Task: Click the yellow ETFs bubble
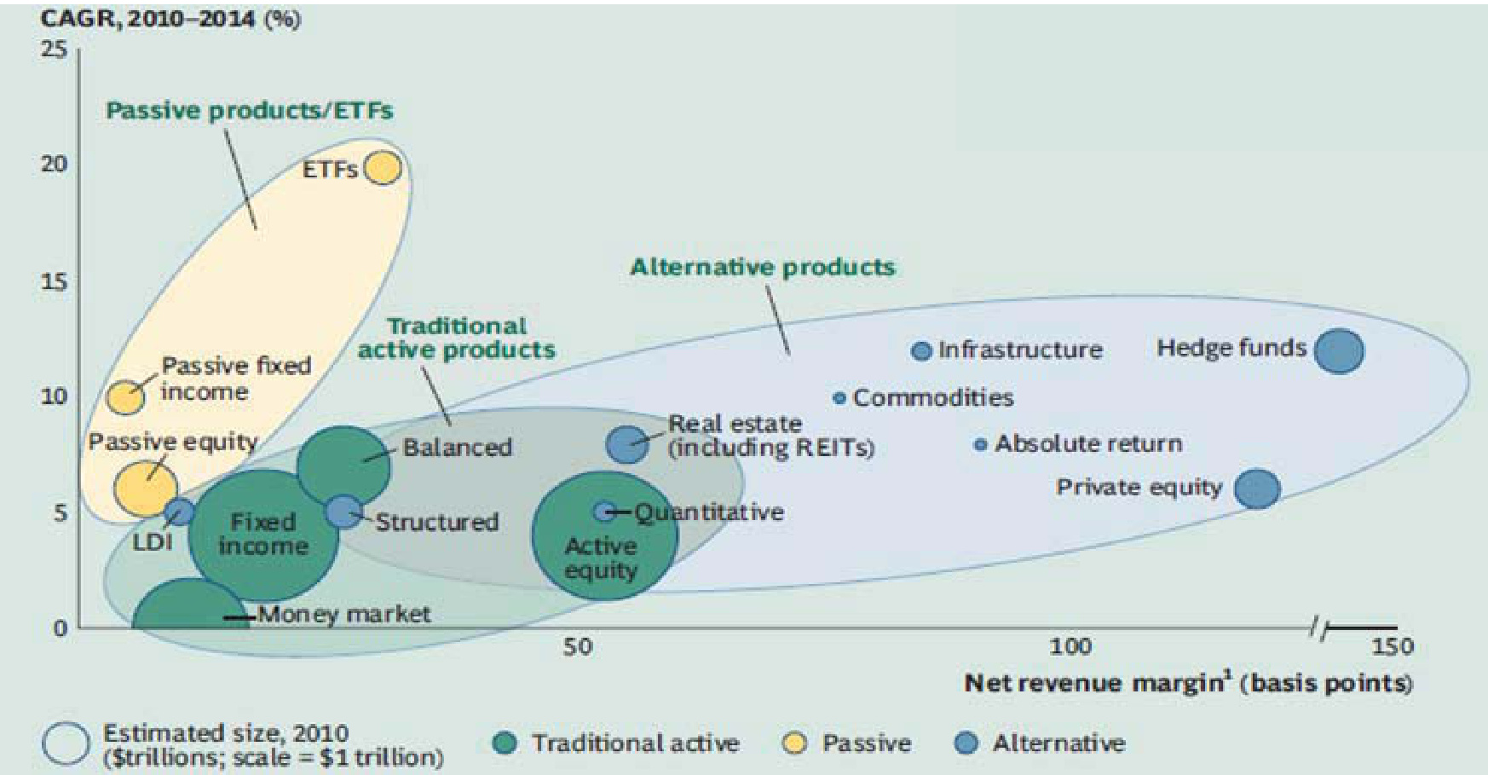point(384,168)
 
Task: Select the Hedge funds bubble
point(1339,351)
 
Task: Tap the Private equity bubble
point(1257,489)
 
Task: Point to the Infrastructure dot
point(921,350)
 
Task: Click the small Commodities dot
point(839,398)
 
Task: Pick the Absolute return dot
point(981,444)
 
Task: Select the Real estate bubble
point(627,444)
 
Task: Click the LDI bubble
point(179,512)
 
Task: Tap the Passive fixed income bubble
point(125,397)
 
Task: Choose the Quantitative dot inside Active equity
point(603,512)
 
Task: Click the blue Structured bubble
point(343,512)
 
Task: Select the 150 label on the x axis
point(1392,646)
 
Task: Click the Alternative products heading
point(763,267)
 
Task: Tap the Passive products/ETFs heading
point(250,110)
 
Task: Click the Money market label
point(344,614)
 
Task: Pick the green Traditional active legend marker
point(505,743)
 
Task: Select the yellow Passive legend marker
point(794,743)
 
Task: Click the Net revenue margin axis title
point(1188,683)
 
